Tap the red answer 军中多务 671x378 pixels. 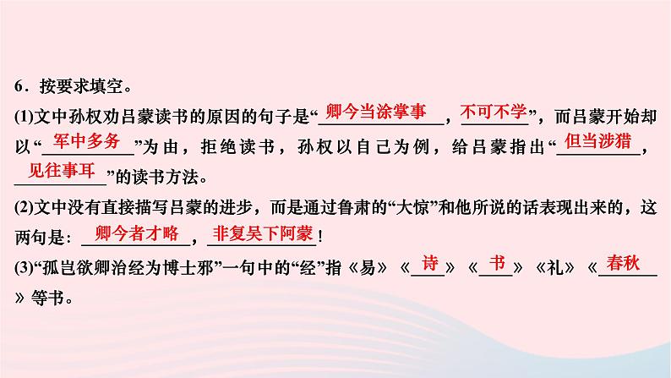[87, 141]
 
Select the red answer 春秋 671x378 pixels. [626, 262]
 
